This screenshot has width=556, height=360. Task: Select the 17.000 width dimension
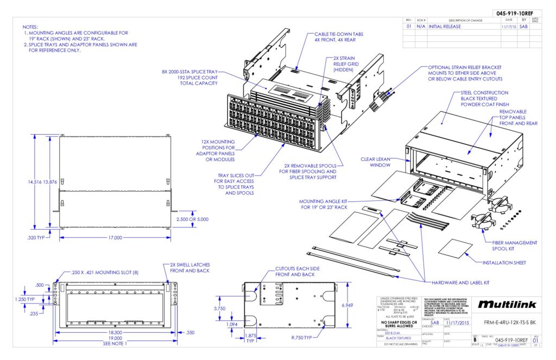pos(115,238)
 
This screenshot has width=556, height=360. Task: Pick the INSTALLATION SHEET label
pos(504,262)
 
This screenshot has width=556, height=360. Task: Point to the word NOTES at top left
pos(30,27)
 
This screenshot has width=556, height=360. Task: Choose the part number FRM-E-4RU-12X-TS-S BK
pos(506,322)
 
